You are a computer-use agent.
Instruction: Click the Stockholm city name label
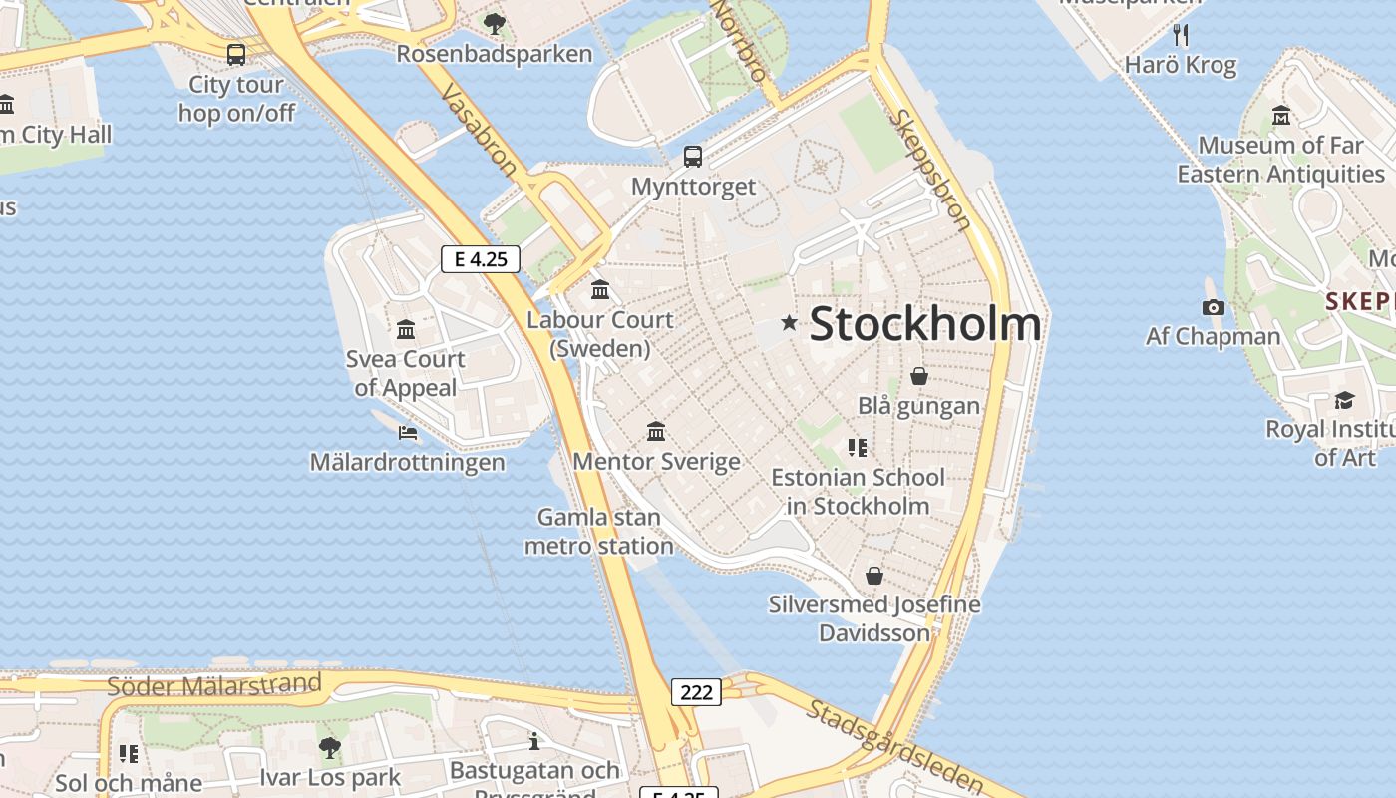tap(925, 324)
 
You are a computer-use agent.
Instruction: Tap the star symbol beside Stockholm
tap(790, 322)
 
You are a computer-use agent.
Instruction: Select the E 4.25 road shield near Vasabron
tap(481, 259)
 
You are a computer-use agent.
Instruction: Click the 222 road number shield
tap(695, 691)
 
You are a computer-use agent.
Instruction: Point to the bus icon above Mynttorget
tap(692, 157)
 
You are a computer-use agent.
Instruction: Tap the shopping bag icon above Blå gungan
tap(918, 376)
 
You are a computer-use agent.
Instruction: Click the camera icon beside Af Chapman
tap(1213, 307)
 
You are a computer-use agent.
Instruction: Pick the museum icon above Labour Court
tap(600, 290)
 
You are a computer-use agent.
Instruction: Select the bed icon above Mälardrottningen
tap(407, 432)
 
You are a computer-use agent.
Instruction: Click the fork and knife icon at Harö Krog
tap(1181, 35)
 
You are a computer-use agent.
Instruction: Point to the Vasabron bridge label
tap(479, 130)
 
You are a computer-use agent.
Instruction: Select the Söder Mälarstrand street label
tap(214, 685)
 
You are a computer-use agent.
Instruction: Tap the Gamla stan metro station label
tap(599, 531)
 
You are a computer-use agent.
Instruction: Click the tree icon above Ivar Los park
tap(329, 747)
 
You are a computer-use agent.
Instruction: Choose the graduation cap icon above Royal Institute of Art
tap(1344, 400)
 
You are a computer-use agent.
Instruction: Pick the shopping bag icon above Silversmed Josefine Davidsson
tap(873, 576)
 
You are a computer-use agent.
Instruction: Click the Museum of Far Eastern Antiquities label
tap(1280, 160)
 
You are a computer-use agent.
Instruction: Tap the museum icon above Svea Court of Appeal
tap(406, 329)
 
